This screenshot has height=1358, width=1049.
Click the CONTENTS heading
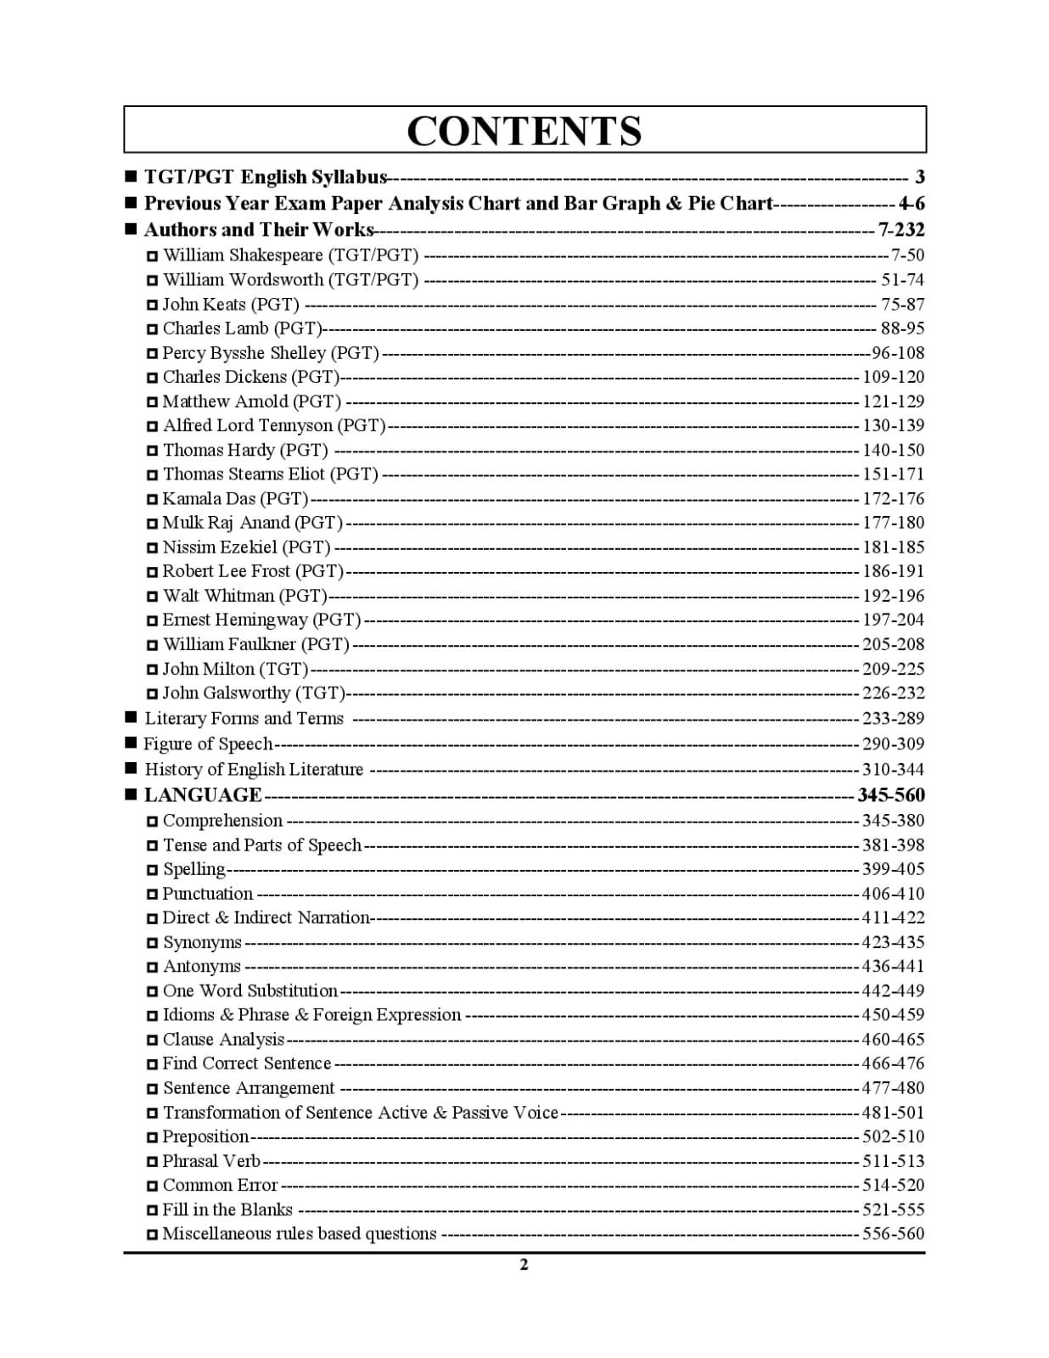pyautogui.click(x=524, y=131)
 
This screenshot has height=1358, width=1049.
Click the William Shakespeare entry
pyautogui.click(x=290, y=255)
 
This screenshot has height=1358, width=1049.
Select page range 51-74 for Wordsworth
pyautogui.click(x=902, y=280)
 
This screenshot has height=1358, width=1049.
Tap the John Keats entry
pyautogui.click(x=231, y=305)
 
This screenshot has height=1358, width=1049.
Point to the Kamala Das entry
pyautogui.click(x=235, y=499)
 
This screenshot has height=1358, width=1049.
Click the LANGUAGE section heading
pyautogui.click(x=203, y=795)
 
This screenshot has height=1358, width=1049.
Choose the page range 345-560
pyautogui.click(x=890, y=795)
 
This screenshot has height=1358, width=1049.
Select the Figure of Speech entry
pyautogui.click(x=208, y=744)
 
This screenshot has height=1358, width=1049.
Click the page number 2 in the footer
pyautogui.click(x=524, y=1265)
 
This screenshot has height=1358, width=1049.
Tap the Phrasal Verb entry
pyautogui.click(x=211, y=1161)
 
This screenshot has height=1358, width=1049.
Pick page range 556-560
pyautogui.click(x=893, y=1234)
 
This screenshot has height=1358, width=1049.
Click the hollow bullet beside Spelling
pyautogui.click(x=152, y=870)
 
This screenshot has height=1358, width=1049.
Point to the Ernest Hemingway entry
pyautogui.click(x=261, y=620)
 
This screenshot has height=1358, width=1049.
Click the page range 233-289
pyautogui.click(x=893, y=719)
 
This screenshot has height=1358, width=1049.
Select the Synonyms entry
pyautogui.click(x=202, y=943)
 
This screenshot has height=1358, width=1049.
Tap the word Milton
pyautogui.click(x=229, y=670)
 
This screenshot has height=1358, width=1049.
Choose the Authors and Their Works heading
pyautogui.click(x=258, y=230)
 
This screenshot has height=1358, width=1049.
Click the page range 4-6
pyautogui.click(x=912, y=204)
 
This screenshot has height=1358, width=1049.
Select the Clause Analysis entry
pyautogui.click(x=223, y=1040)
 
